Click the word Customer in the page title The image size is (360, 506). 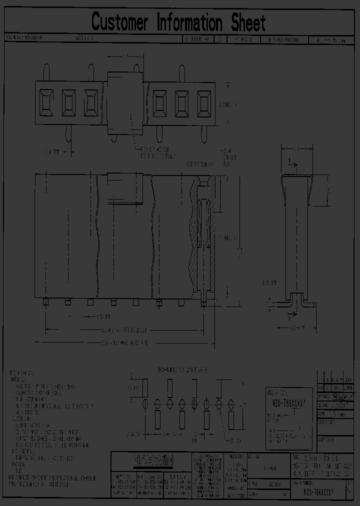[120, 22]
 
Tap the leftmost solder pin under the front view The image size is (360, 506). [46, 302]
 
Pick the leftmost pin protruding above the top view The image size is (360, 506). [46, 71]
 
